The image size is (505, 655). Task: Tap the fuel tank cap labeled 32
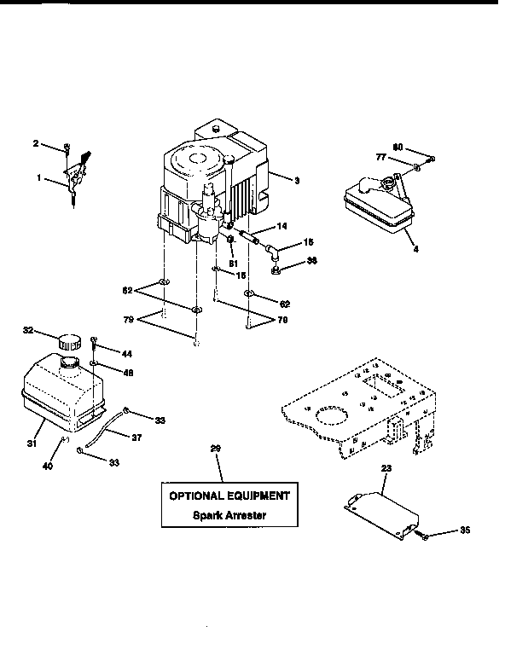tap(66, 340)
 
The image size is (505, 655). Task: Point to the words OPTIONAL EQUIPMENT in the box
tap(228, 496)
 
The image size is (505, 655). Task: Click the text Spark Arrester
tap(228, 515)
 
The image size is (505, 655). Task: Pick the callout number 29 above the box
tap(216, 449)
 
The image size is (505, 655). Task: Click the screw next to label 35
tap(424, 536)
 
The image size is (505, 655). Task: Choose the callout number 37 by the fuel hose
tap(136, 438)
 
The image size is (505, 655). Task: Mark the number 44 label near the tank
tap(126, 353)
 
